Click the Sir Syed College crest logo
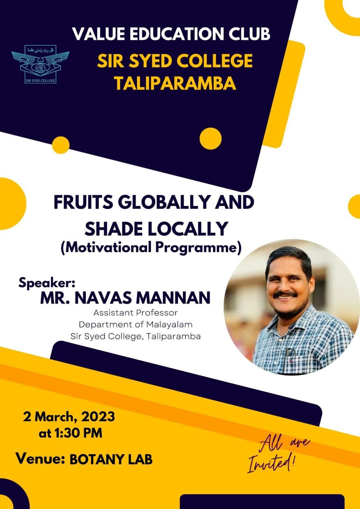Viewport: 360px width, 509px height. (x=40, y=64)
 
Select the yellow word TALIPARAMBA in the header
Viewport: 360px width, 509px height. (x=175, y=84)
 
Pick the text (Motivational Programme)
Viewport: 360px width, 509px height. (x=151, y=248)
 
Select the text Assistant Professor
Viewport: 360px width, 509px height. (x=135, y=312)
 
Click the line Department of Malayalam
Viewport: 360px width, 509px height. (x=135, y=324)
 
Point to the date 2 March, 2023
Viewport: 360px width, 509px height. (x=69, y=417)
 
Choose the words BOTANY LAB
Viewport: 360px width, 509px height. (x=111, y=459)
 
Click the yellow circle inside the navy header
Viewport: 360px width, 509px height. (x=210, y=138)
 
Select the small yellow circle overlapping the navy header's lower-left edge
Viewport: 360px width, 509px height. (x=61, y=145)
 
